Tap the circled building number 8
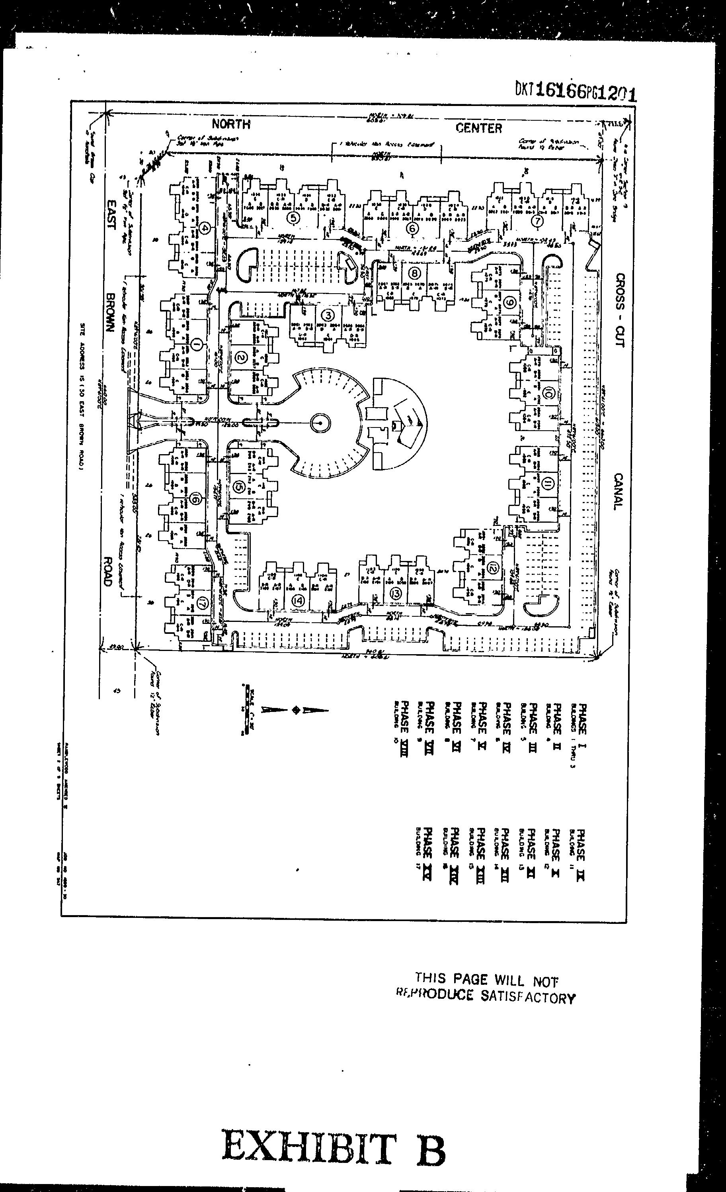(415, 273)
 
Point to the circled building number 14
(298, 600)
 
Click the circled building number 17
(202, 604)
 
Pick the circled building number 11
(547, 483)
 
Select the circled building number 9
(509, 303)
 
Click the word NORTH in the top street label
(231, 124)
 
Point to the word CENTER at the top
(478, 128)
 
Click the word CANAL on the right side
(618, 491)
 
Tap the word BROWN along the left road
(110, 312)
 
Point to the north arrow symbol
(295, 710)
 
